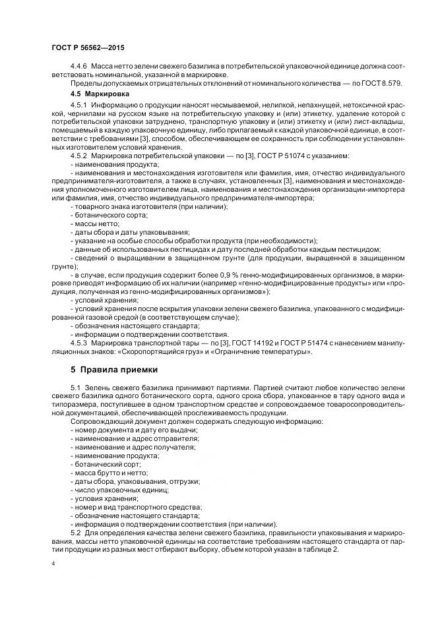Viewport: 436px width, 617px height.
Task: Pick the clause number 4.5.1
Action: click(79, 105)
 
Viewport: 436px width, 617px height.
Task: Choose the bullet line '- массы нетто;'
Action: click(95, 223)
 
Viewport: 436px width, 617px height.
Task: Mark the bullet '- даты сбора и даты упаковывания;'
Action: click(129, 232)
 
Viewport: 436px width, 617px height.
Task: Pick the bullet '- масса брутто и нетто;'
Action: click(109, 473)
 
